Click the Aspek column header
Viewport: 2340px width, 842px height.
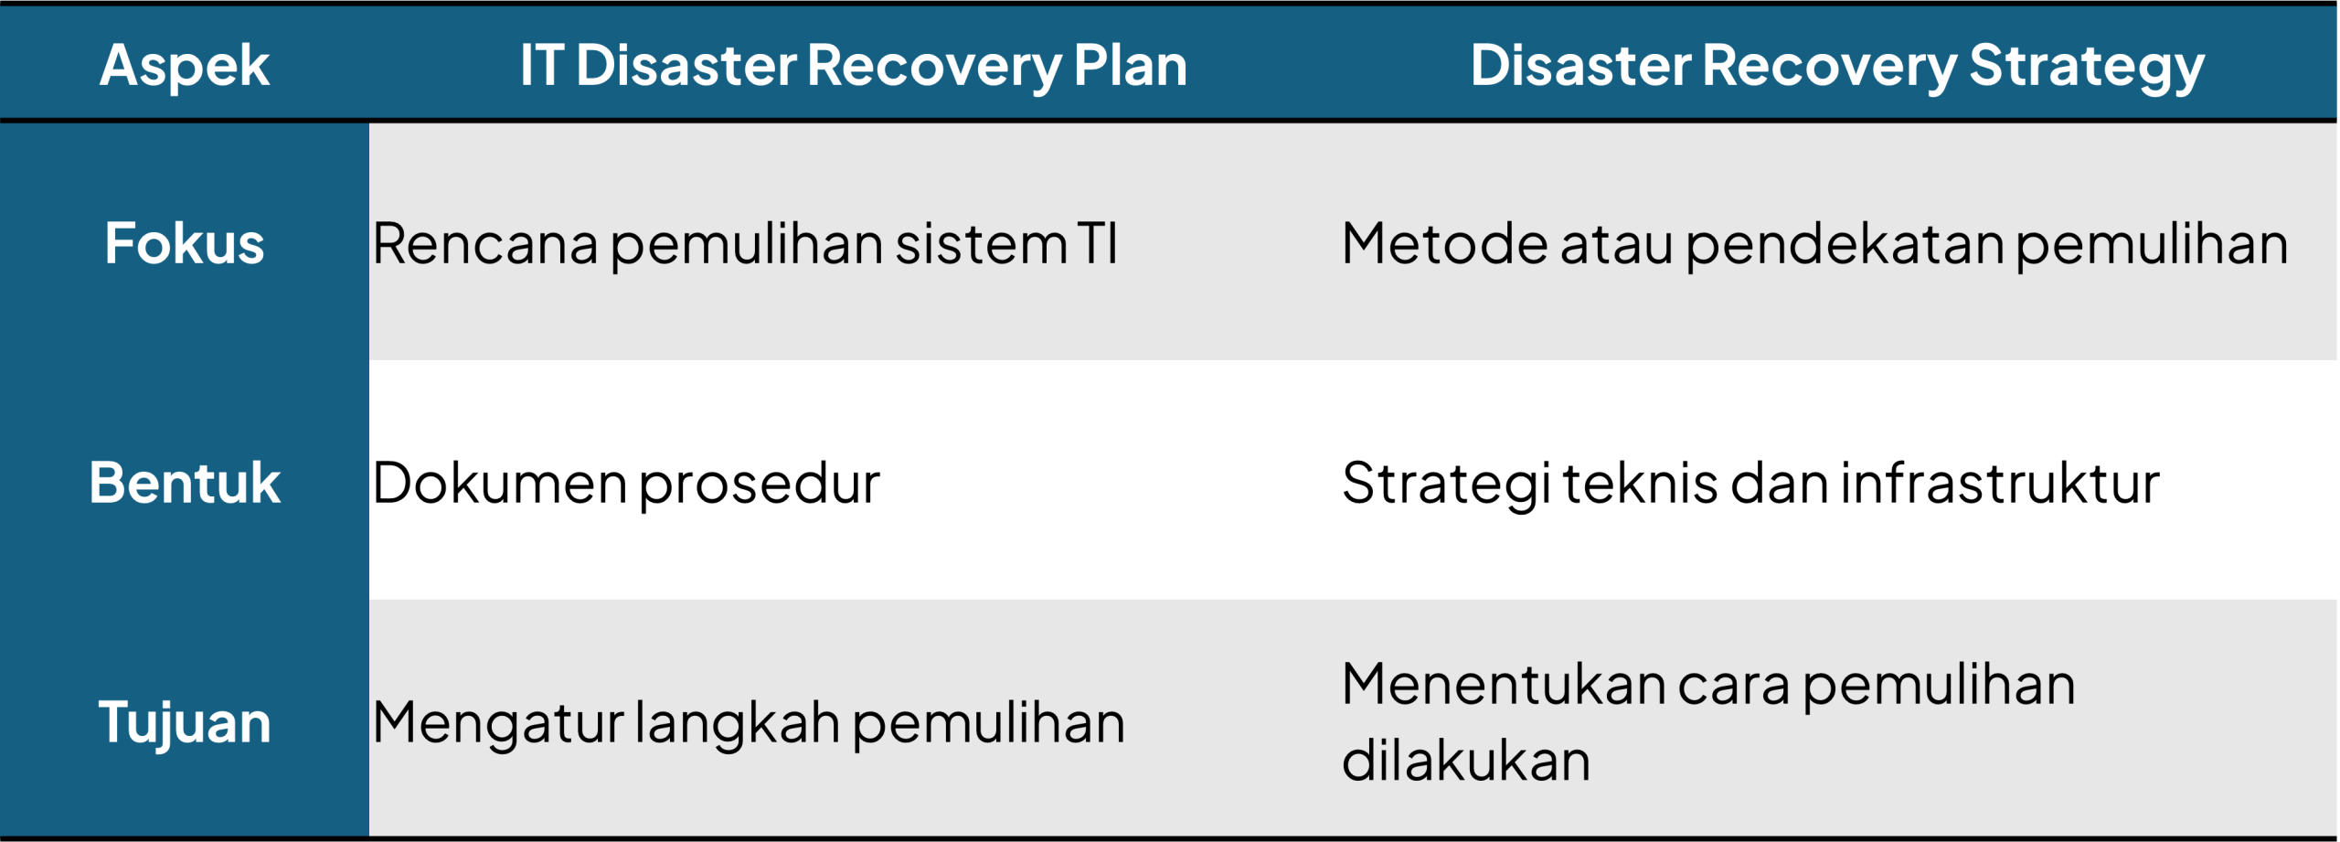tap(185, 67)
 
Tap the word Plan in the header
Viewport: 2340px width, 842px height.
tap(1131, 65)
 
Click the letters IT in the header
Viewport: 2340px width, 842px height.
tap(542, 65)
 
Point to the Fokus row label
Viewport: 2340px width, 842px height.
tap(185, 243)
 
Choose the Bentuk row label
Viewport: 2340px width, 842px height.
tap(185, 483)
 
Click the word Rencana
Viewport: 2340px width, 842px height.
tap(485, 244)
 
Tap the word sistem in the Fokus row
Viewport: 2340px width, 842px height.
tap(982, 245)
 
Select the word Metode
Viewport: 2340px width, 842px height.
tap(1445, 244)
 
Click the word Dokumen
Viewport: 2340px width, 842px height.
tap(499, 483)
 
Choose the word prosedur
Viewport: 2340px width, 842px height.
tap(760, 485)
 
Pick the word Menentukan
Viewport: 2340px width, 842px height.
tap(1505, 685)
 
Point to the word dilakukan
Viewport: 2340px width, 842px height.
tap(1466, 760)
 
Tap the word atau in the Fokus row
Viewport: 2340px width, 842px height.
tap(1617, 245)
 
